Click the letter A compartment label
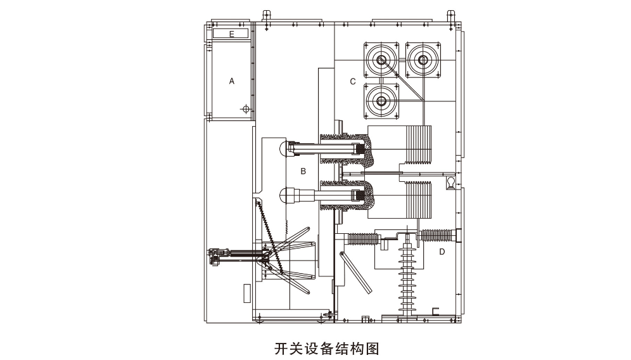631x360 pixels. pyautogui.click(x=232, y=81)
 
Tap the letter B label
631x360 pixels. pyautogui.click(x=303, y=171)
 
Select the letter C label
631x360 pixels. pyautogui.click(x=353, y=81)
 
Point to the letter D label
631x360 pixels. pyautogui.click(x=442, y=252)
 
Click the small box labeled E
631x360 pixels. pyautogui.click(x=231, y=34)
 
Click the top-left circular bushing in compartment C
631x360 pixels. pyautogui.click(x=381, y=60)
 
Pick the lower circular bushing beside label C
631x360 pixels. pyautogui.click(x=381, y=100)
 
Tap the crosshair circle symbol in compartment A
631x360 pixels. pyautogui.click(x=246, y=110)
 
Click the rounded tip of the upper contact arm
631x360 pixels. pyautogui.click(x=283, y=148)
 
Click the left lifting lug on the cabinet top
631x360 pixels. pyautogui.click(x=266, y=15)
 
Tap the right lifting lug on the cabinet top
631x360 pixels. pyautogui.click(x=451, y=15)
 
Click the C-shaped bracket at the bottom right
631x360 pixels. pyautogui.click(x=435, y=311)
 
